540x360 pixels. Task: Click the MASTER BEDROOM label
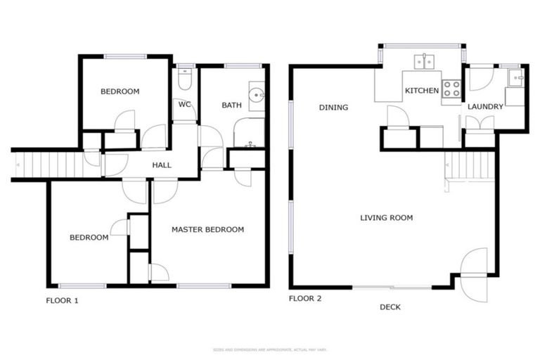(x=207, y=229)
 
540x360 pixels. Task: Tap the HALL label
(x=162, y=165)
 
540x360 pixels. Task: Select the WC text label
(x=185, y=104)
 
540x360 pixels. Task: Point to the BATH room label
(x=231, y=105)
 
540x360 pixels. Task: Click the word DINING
(x=333, y=108)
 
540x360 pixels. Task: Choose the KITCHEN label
(x=421, y=91)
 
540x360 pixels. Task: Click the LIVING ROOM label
(x=386, y=218)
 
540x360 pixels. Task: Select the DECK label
(x=390, y=307)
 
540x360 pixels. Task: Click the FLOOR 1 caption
(x=63, y=300)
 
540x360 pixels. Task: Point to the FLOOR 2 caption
(x=305, y=299)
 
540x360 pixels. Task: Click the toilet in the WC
(x=184, y=81)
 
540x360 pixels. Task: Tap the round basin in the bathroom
(x=256, y=93)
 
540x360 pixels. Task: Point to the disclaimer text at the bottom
(x=270, y=349)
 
